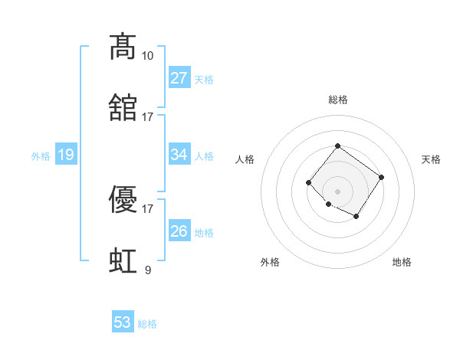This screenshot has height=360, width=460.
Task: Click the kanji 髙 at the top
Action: (123, 47)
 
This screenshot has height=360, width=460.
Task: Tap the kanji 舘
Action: (123, 109)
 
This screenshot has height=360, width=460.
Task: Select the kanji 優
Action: (123, 201)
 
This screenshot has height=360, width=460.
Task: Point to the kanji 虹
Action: (123, 261)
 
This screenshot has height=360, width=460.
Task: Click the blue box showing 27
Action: (179, 78)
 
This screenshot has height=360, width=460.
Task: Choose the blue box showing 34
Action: (179, 155)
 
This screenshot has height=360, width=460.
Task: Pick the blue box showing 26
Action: (179, 231)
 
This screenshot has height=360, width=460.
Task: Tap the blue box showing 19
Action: (66, 155)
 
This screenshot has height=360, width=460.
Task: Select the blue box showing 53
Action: (123, 322)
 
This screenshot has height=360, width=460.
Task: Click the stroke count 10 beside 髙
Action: (147, 56)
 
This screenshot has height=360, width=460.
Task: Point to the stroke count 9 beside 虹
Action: (147, 270)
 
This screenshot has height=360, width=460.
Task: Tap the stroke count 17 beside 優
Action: (147, 208)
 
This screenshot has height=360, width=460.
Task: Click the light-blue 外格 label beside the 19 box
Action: (41, 156)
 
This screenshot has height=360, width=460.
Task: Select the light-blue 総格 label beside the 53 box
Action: (147, 324)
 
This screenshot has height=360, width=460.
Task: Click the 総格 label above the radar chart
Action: (337, 100)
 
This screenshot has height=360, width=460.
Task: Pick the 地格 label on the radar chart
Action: (402, 262)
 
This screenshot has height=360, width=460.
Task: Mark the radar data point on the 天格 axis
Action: (382, 177)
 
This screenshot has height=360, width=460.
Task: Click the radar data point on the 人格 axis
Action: (308, 182)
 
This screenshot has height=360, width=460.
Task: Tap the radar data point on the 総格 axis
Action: (337, 146)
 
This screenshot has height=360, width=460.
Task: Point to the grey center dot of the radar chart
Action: (337, 191)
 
